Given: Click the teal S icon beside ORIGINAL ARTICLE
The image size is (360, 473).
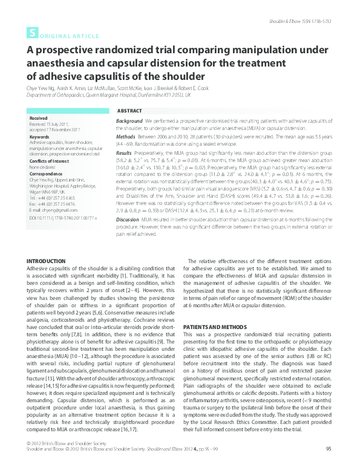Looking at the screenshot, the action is [x=31, y=34].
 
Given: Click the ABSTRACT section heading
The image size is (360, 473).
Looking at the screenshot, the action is [x=129, y=112].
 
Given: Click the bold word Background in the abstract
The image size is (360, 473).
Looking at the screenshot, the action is [x=129, y=122].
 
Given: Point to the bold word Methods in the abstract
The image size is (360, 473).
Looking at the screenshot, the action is [x=125, y=137].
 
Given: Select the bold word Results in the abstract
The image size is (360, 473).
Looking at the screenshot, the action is [x=124, y=154].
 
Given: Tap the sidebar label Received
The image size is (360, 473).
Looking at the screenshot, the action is [x=38, y=119].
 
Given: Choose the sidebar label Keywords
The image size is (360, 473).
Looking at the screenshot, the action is [x=39, y=137].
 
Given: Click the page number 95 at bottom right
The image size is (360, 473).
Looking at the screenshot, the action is [x=329, y=465].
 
